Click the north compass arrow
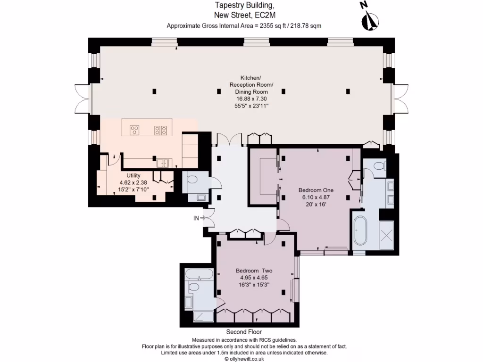point(370,19)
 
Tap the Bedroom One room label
point(316,190)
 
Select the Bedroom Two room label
point(254,271)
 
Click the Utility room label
point(133,175)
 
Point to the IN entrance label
point(196,218)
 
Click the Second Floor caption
point(244,332)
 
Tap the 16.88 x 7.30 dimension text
point(251,99)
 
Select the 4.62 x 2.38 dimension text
point(133,182)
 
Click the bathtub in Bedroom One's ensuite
point(360,230)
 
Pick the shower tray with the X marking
point(387,236)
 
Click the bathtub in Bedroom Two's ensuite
point(199,275)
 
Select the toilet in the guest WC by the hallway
point(193,179)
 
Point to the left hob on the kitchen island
point(134,130)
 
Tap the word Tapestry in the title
point(227,6)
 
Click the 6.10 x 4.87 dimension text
point(316,197)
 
